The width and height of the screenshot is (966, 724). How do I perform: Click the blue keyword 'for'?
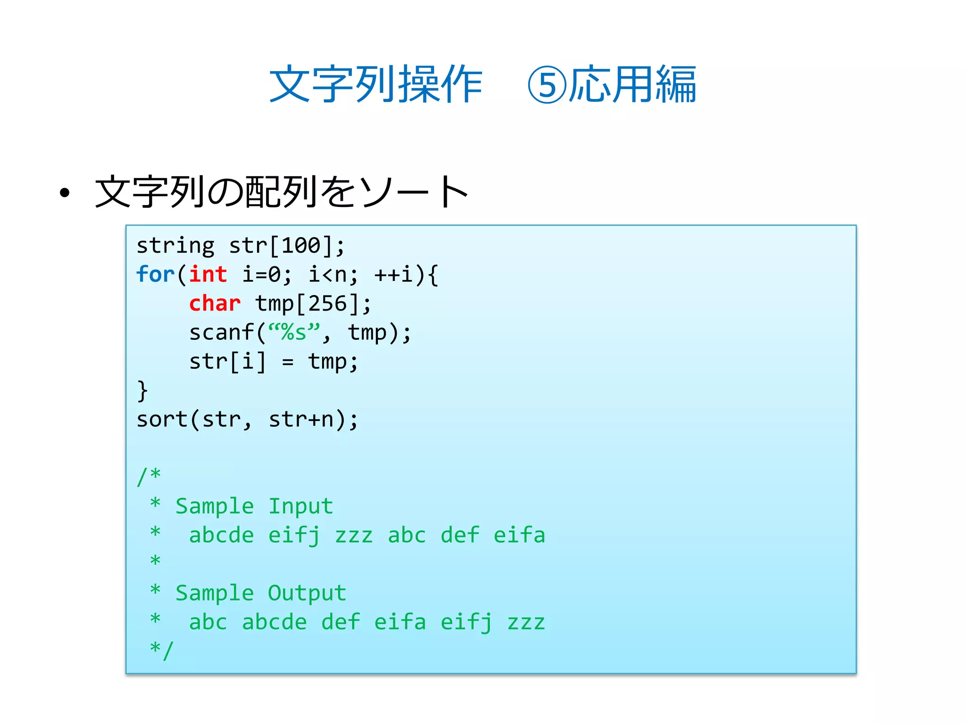pyautogui.click(x=155, y=274)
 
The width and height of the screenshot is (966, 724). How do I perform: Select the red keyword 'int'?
pyautogui.click(x=208, y=274)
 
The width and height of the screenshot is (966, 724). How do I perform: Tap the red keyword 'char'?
pyautogui.click(x=215, y=304)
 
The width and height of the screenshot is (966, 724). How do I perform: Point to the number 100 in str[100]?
pyautogui.click(x=301, y=246)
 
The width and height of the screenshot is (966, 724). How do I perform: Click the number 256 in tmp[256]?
pyautogui.click(x=327, y=304)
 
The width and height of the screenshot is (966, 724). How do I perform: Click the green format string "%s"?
pyautogui.click(x=294, y=332)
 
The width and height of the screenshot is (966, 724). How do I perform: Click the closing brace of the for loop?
pyautogui.click(x=142, y=391)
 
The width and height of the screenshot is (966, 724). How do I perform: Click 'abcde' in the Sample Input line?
pyautogui.click(x=221, y=535)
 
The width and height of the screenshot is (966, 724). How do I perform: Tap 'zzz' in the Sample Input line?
pyautogui.click(x=354, y=535)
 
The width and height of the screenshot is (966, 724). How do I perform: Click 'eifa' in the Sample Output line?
pyautogui.click(x=400, y=622)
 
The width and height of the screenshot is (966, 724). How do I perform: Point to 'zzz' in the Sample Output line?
pyautogui.click(x=526, y=622)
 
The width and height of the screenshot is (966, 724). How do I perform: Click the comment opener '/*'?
pyautogui.click(x=149, y=476)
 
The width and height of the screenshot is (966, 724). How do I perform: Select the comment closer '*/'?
pyautogui.click(x=162, y=650)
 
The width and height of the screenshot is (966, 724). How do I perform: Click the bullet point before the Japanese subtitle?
pyautogui.click(x=65, y=192)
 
